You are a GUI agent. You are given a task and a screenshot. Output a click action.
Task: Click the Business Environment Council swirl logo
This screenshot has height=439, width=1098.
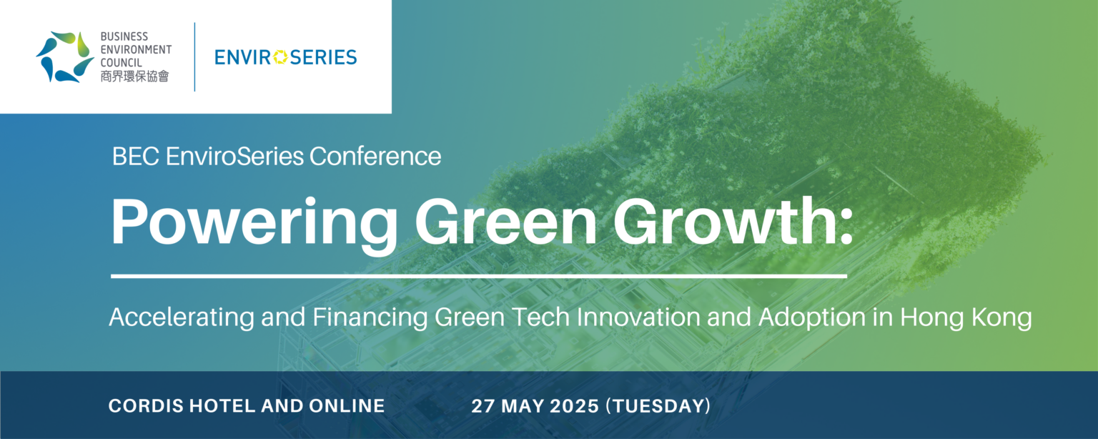pos(64,56)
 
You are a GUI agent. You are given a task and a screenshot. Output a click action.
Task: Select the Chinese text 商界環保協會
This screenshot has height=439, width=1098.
pos(134,77)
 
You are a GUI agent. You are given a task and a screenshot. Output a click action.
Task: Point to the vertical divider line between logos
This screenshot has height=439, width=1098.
pos(194,56)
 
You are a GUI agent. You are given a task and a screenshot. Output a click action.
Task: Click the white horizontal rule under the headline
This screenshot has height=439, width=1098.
pos(478,275)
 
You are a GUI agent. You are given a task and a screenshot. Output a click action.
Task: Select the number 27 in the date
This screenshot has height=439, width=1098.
pos(482,407)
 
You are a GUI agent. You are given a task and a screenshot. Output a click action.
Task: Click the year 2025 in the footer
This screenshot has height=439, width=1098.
pos(575,407)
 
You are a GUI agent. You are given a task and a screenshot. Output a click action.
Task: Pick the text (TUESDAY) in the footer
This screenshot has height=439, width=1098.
pos(658,407)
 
